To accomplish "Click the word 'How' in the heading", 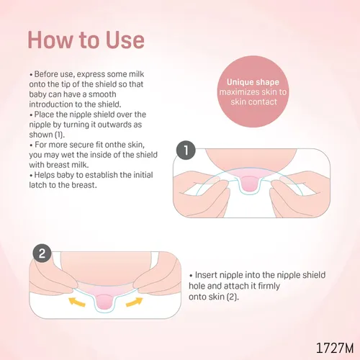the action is [50, 40].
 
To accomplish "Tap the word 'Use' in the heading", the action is [125, 40].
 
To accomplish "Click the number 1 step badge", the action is [186, 150].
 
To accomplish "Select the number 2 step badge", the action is [42, 253].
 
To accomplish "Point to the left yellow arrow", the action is [77, 302].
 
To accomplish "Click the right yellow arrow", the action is [135, 302].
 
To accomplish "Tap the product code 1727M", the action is [335, 348].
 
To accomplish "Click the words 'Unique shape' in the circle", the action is [253, 82].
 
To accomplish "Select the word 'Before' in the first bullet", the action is [46, 74].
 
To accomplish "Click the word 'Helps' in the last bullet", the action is [45, 175].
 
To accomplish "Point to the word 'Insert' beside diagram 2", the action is [206, 275].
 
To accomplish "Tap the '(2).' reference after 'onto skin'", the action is [233, 297].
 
